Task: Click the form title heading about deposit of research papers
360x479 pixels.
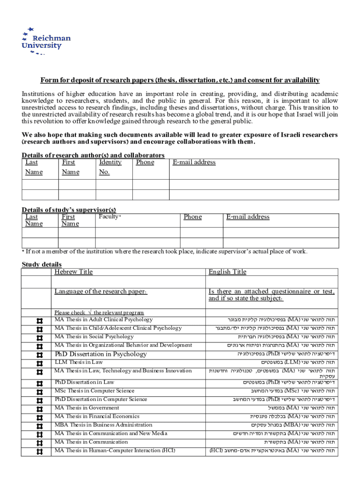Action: coord(180,80)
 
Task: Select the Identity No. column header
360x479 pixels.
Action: coord(110,167)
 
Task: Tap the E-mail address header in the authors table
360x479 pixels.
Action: coord(194,162)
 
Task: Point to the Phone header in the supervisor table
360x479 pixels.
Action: coord(193,217)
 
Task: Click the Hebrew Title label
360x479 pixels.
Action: coord(73,272)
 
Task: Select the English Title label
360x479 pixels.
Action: coord(227,272)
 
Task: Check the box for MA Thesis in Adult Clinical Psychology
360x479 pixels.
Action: coord(39,320)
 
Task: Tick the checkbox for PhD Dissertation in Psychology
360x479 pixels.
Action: coord(39,355)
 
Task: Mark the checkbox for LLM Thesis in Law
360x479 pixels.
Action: coord(39,363)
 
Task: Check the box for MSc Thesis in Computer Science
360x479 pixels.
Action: coord(39,392)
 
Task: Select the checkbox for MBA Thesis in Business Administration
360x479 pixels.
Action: coord(39,426)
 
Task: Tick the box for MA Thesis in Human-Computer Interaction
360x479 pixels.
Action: coord(39,451)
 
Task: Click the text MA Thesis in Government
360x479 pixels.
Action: coord(85,408)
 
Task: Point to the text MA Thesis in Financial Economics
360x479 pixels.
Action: coord(97,416)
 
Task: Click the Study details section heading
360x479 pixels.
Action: coord(42,264)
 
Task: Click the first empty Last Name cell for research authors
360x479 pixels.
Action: coord(40,184)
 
